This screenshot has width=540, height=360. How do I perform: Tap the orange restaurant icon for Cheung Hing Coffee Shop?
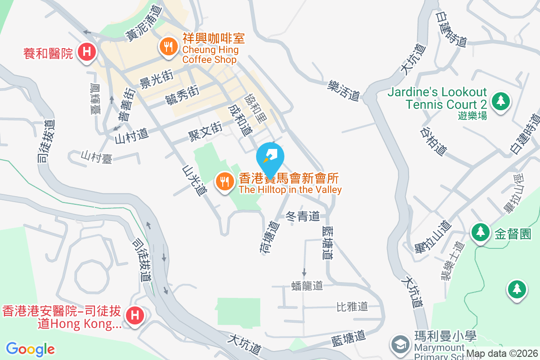pos(168,46)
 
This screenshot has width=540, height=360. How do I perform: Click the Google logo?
pos(31,349)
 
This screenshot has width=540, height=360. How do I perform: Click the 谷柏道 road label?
pos(433,141)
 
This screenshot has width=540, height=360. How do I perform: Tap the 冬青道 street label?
pos(303,216)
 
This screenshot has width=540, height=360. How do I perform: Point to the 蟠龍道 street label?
pos(307,285)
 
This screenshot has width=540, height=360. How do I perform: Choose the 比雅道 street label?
pos(352,306)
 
